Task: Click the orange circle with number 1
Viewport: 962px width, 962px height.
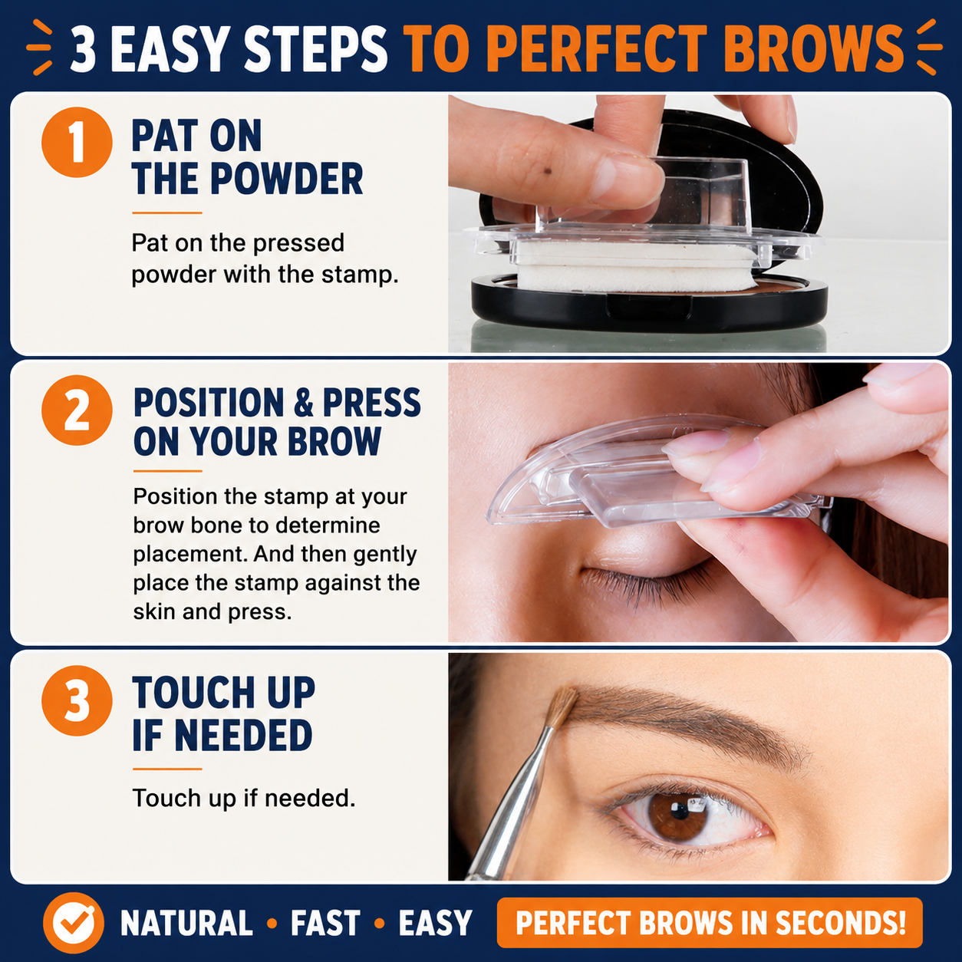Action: (x=77, y=142)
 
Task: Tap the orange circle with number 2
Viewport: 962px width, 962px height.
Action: (x=77, y=410)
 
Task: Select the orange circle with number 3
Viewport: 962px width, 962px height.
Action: (x=77, y=700)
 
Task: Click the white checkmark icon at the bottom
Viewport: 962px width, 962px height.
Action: (x=74, y=923)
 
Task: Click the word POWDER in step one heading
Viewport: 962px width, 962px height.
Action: (x=287, y=180)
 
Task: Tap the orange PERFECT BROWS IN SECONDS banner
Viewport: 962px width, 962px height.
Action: (x=710, y=923)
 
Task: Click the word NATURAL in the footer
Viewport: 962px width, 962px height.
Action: (x=186, y=923)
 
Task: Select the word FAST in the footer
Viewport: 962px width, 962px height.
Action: (x=325, y=923)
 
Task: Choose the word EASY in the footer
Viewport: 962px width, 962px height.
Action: (x=435, y=923)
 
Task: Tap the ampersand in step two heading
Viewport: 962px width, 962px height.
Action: (x=304, y=404)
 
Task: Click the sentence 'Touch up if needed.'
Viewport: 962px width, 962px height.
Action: (x=244, y=798)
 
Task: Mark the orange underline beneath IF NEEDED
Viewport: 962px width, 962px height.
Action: (x=167, y=769)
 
